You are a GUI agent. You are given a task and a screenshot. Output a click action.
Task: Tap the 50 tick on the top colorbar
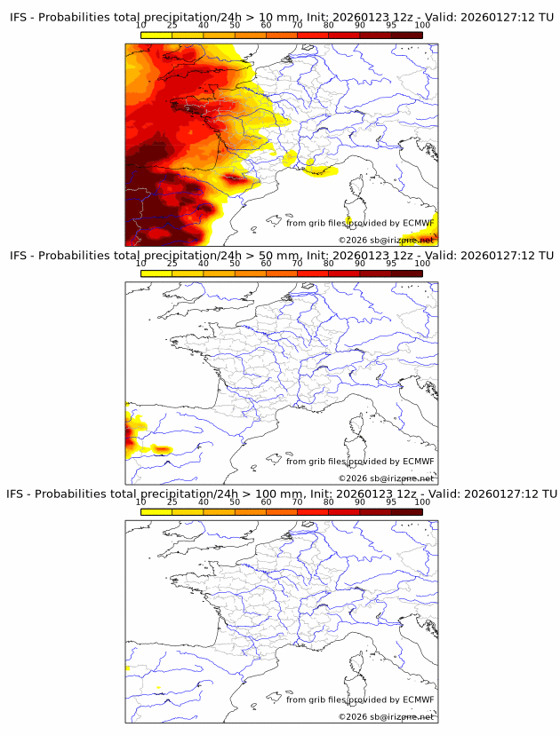235,26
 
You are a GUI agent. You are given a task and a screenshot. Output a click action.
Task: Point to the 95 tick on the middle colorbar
391,264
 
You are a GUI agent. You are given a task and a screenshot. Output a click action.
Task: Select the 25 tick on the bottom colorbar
172,502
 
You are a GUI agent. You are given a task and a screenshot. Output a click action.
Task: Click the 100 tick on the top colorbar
422,26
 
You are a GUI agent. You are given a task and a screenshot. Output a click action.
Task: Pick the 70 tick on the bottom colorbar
297,502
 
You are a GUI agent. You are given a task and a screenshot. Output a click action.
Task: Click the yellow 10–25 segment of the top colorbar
156,36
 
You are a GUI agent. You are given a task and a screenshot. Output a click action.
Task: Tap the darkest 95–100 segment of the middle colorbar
406,273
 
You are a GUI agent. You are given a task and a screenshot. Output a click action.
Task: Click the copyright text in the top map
386,240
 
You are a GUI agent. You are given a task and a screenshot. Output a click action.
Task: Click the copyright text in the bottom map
386,716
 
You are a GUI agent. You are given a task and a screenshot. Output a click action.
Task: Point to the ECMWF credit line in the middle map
360,462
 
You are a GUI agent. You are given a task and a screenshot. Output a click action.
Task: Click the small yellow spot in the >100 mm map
159,687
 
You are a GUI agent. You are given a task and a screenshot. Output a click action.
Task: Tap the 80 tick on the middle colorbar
328,264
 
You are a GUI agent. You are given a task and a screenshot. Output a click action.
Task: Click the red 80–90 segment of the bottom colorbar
344,511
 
